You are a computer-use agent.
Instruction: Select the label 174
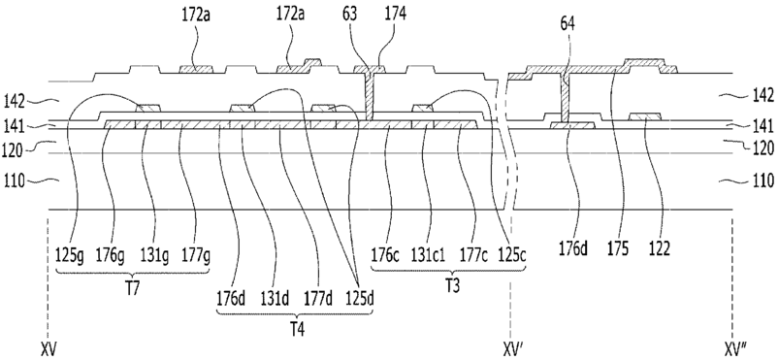point(395,14)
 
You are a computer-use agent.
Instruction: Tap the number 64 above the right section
point(567,24)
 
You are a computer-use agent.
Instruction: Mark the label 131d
point(276,300)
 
